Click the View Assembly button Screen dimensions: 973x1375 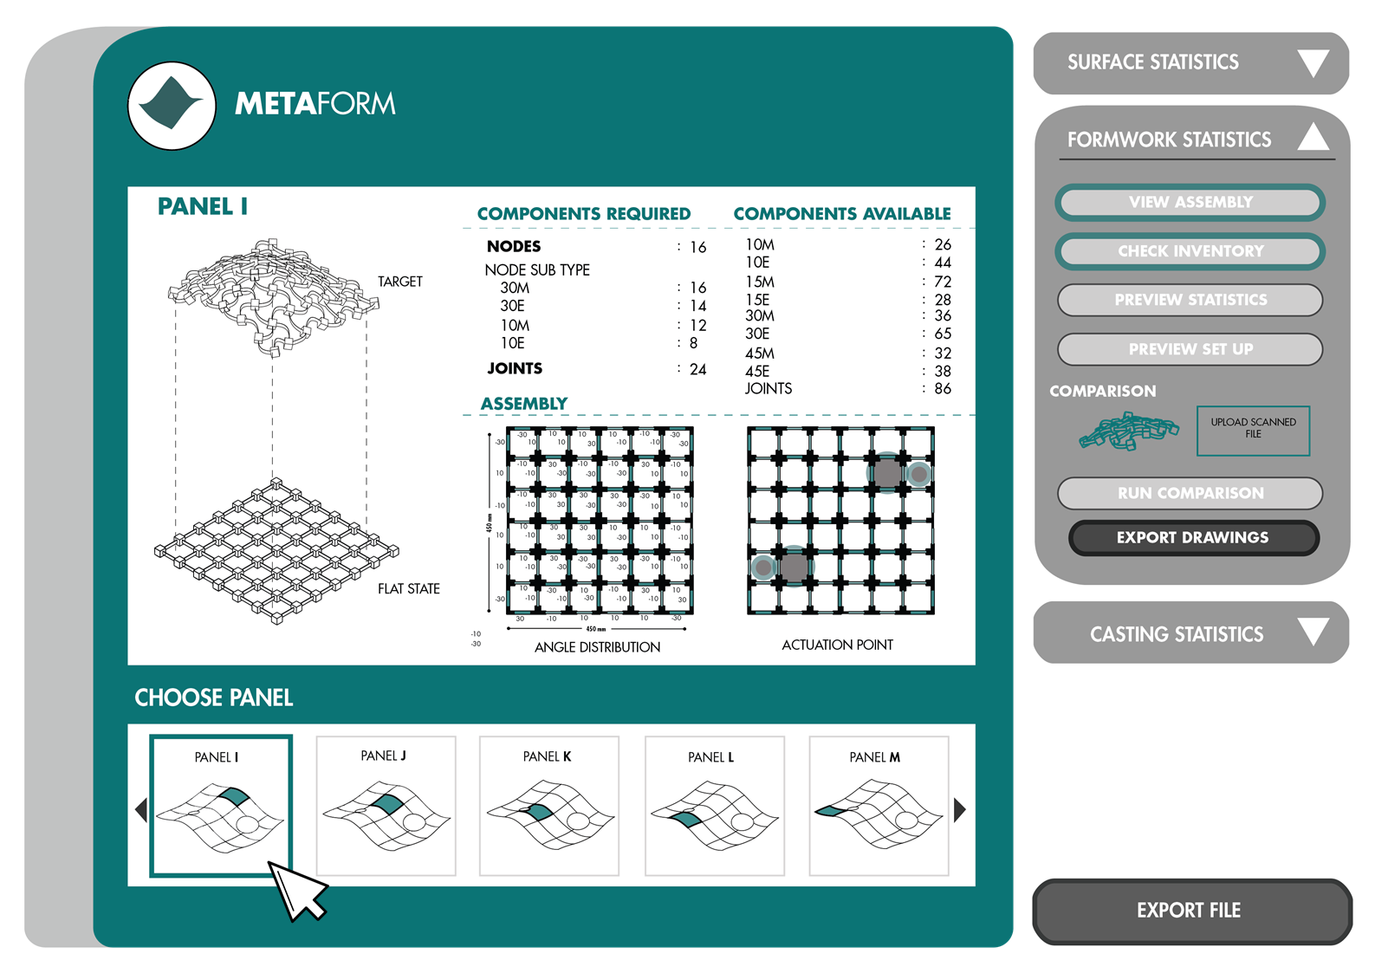(x=1190, y=202)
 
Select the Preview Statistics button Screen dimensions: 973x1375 (x=1190, y=300)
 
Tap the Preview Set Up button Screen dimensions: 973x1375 (x=1190, y=349)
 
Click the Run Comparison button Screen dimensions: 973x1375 (x=1190, y=493)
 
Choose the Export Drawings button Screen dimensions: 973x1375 (x=1192, y=537)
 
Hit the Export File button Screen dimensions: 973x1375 (x=1190, y=911)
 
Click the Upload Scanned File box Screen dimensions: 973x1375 (x=1253, y=430)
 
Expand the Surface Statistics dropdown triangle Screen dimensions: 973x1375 (x=1313, y=63)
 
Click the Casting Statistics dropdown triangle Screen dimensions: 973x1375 (x=1313, y=632)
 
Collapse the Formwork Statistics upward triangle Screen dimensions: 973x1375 (x=1313, y=137)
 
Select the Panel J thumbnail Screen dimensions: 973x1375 (x=386, y=806)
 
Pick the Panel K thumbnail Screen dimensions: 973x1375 (x=548, y=806)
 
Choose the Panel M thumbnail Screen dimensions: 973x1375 (x=878, y=806)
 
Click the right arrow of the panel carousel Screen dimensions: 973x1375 (x=959, y=810)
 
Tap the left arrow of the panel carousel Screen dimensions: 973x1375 (x=141, y=810)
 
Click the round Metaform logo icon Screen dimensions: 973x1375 (x=172, y=106)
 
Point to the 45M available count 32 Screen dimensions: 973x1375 (x=943, y=354)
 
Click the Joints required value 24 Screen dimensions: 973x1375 (x=697, y=370)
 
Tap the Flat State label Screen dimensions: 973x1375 (x=409, y=589)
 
